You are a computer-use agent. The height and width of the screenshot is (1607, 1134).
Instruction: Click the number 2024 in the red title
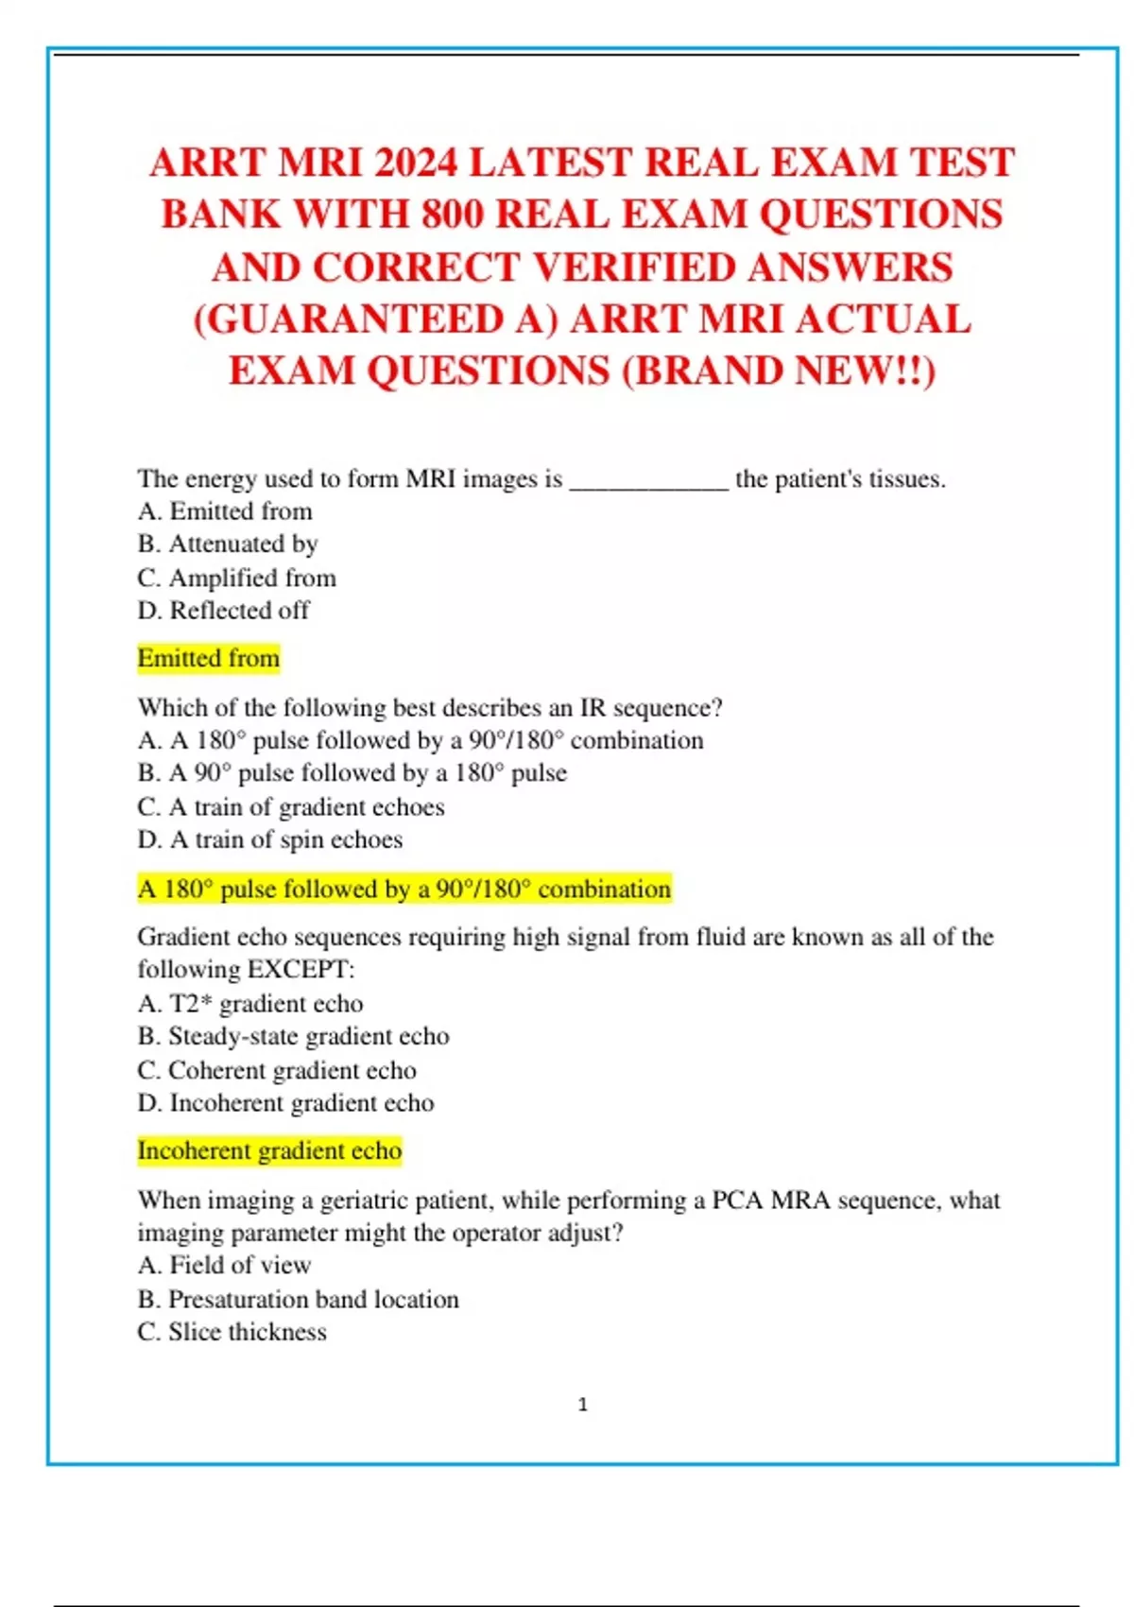[415, 164]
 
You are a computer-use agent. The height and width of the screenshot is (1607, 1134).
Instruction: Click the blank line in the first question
[648, 481]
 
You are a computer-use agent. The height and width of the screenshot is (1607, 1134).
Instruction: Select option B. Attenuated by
[228, 544]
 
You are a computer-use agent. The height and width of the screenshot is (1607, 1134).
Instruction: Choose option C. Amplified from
[236, 578]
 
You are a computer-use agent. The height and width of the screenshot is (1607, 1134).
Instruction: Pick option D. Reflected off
[223, 611]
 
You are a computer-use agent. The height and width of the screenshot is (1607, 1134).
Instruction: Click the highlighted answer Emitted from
[209, 658]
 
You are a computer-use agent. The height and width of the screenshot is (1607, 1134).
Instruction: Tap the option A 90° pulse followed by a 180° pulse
[352, 773]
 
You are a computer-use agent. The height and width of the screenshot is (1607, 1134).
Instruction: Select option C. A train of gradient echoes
[290, 807]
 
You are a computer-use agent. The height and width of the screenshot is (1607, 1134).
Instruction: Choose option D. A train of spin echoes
[269, 839]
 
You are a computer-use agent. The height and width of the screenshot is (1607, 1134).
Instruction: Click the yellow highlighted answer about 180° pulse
[404, 890]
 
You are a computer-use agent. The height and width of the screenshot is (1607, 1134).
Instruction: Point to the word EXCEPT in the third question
[298, 970]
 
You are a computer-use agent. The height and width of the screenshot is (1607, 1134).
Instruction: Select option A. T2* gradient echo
[249, 1003]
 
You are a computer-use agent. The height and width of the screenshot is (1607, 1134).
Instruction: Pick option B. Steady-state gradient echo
[293, 1036]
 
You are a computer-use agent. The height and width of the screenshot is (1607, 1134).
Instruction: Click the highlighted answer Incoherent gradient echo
[269, 1150]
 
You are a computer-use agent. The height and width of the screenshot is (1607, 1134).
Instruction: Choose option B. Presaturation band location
[298, 1299]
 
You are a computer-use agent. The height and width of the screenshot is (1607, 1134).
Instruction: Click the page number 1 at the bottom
[582, 1405]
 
